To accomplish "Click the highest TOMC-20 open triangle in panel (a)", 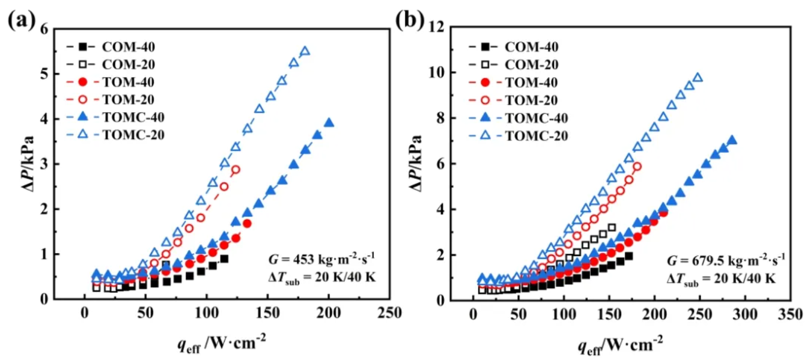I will pyautogui.click(x=305, y=51).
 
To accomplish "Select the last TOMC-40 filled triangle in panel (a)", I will pyautogui.click(x=329, y=123).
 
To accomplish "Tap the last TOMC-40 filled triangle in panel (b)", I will pyautogui.click(x=732, y=140).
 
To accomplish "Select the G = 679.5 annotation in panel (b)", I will pyautogui.click(x=719, y=259).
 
